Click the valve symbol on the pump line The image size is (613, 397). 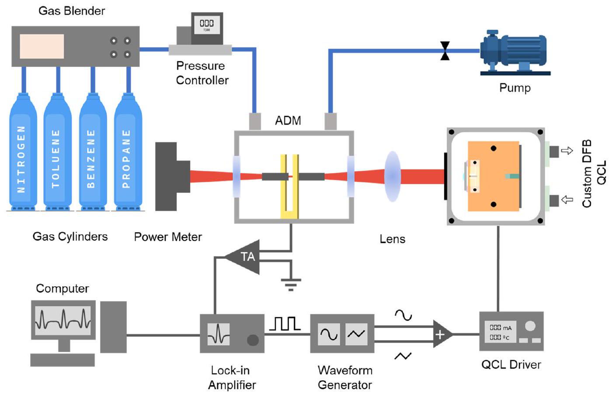point(445,51)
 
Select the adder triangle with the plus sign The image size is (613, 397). point(441,334)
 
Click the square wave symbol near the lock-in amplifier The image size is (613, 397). point(285,324)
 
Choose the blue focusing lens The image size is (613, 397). point(392,176)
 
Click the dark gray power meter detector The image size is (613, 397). point(171,176)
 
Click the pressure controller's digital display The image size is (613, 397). point(206,24)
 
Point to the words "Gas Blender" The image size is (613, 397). point(72,11)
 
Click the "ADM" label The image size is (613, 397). point(288,121)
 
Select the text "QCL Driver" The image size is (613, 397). point(511,365)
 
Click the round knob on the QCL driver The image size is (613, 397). point(530,326)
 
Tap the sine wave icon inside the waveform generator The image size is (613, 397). point(329,334)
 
